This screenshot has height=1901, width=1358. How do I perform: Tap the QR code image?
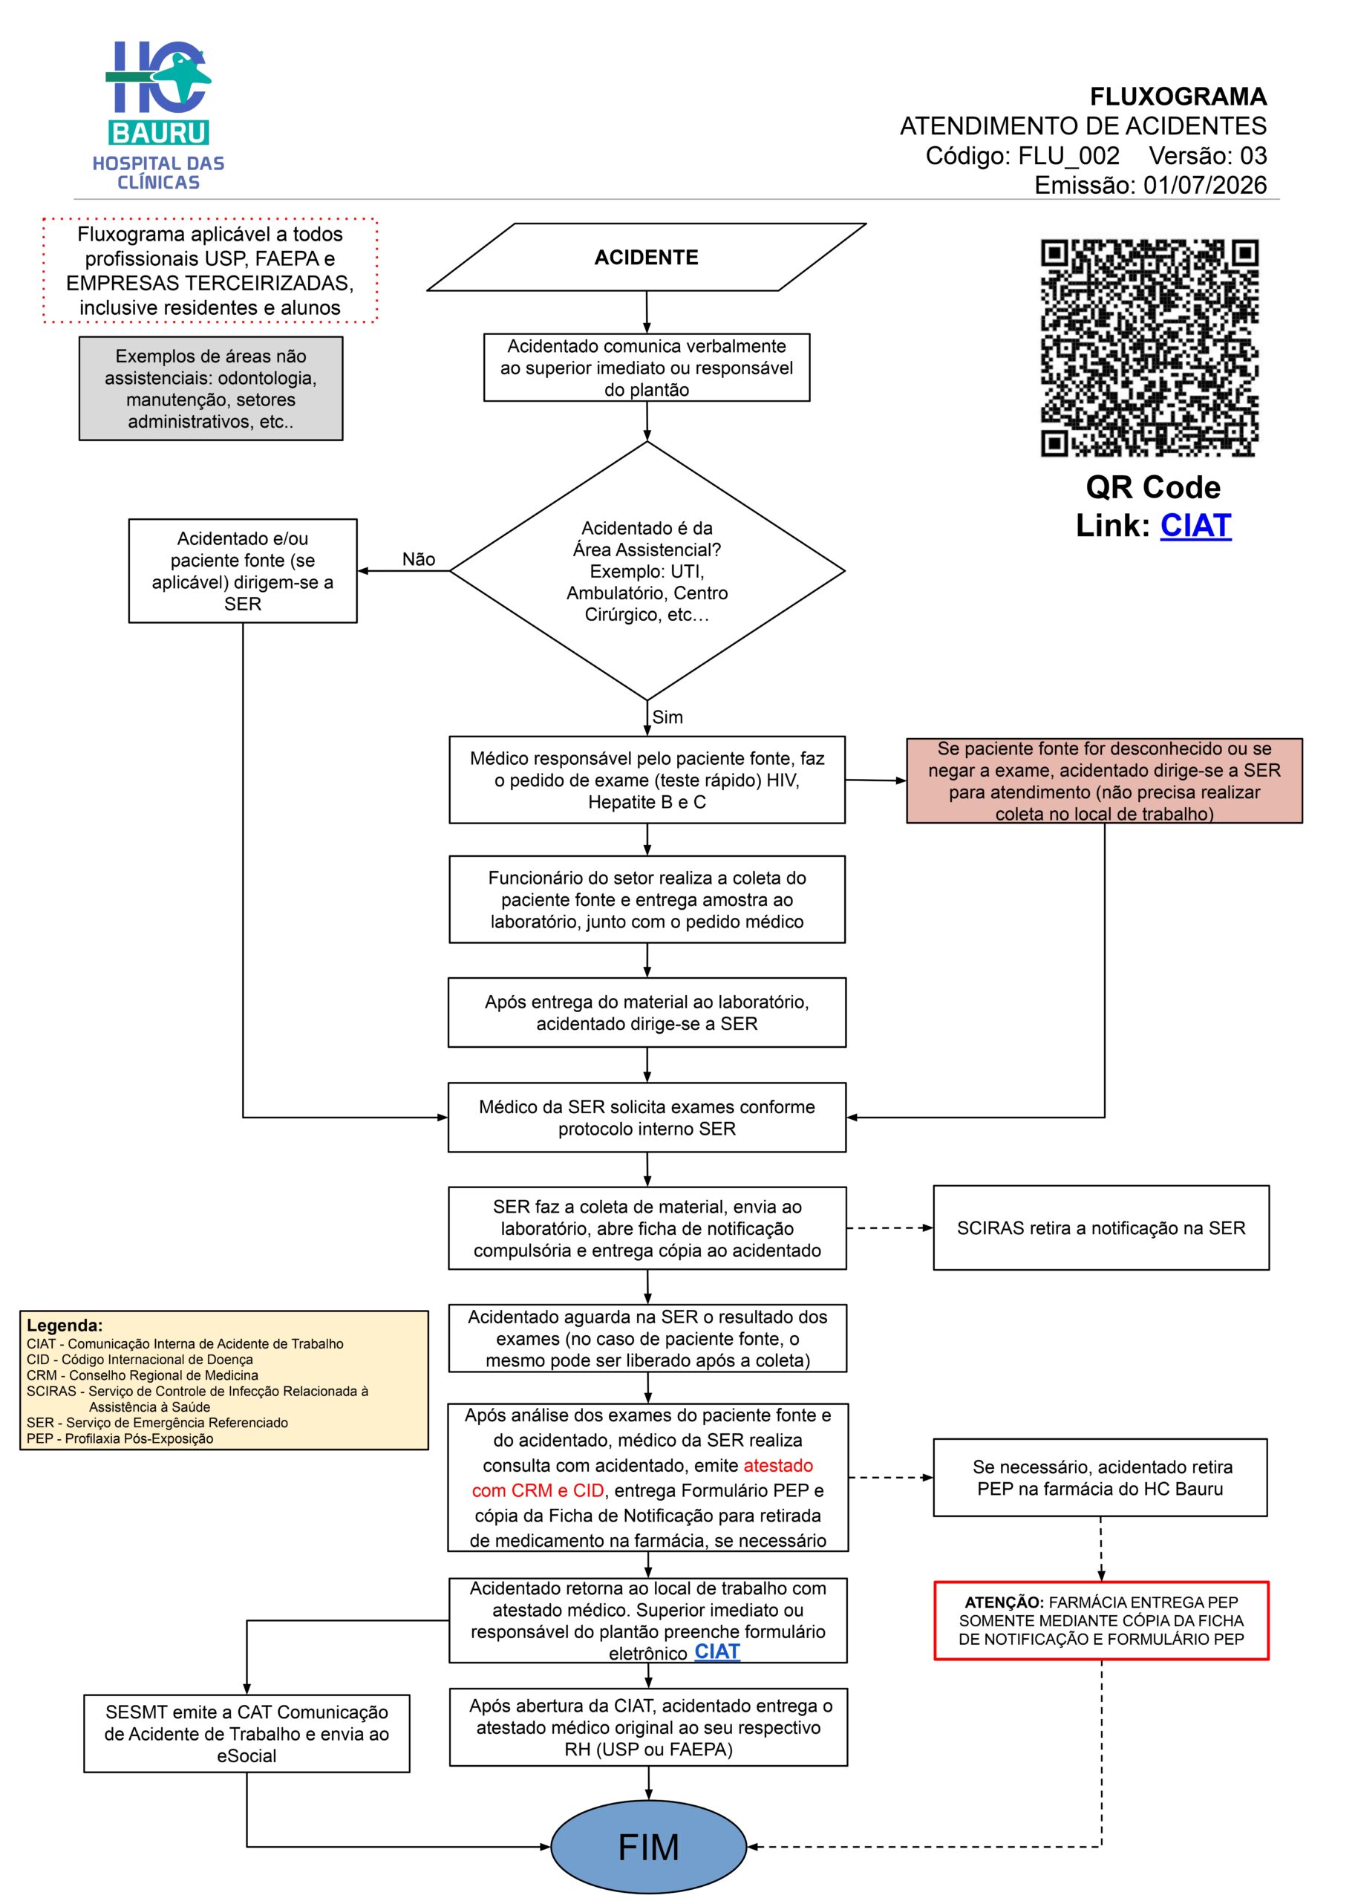(x=1150, y=348)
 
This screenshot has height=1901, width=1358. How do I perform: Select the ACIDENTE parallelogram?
(x=647, y=257)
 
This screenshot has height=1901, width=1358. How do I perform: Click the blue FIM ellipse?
(x=648, y=1847)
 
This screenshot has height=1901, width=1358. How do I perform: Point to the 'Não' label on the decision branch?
(x=418, y=558)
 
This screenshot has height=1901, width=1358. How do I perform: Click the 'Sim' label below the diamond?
(x=667, y=717)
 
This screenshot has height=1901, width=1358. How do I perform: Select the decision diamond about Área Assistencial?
(x=647, y=570)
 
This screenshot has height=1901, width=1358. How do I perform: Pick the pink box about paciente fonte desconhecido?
(x=1104, y=780)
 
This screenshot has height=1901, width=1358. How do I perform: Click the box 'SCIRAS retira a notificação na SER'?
(x=1100, y=1227)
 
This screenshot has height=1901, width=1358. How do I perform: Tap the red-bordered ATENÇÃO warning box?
(x=1100, y=1620)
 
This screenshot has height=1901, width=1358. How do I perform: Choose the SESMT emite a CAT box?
(x=247, y=1734)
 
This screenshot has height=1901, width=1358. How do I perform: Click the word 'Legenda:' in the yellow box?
(x=65, y=1325)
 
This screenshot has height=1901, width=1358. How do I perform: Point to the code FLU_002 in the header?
(x=1068, y=155)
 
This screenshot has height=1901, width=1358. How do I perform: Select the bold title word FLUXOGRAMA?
(x=1178, y=97)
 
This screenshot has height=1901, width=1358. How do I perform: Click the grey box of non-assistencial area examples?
(x=211, y=388)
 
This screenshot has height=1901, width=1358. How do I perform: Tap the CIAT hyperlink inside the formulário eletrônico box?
(x=716, y=1651)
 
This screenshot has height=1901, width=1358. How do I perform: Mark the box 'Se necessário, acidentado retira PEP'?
(x=1100, y=1478)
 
